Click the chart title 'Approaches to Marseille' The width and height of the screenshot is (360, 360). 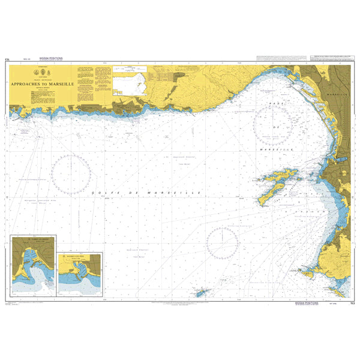(41, 85)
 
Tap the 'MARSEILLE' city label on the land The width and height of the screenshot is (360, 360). (341, 95)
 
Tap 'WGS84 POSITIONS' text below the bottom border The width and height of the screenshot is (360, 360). (308, 304)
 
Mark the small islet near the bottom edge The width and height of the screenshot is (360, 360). (200, 292)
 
